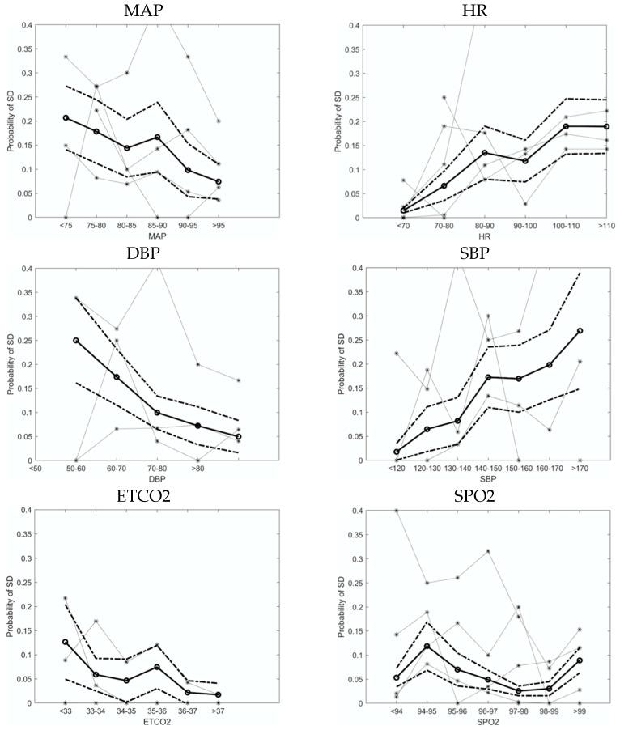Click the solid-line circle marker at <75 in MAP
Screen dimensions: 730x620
(66, 118)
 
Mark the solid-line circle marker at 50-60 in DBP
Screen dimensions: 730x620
(76, 341)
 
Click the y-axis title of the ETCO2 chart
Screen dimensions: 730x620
(11, 606)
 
